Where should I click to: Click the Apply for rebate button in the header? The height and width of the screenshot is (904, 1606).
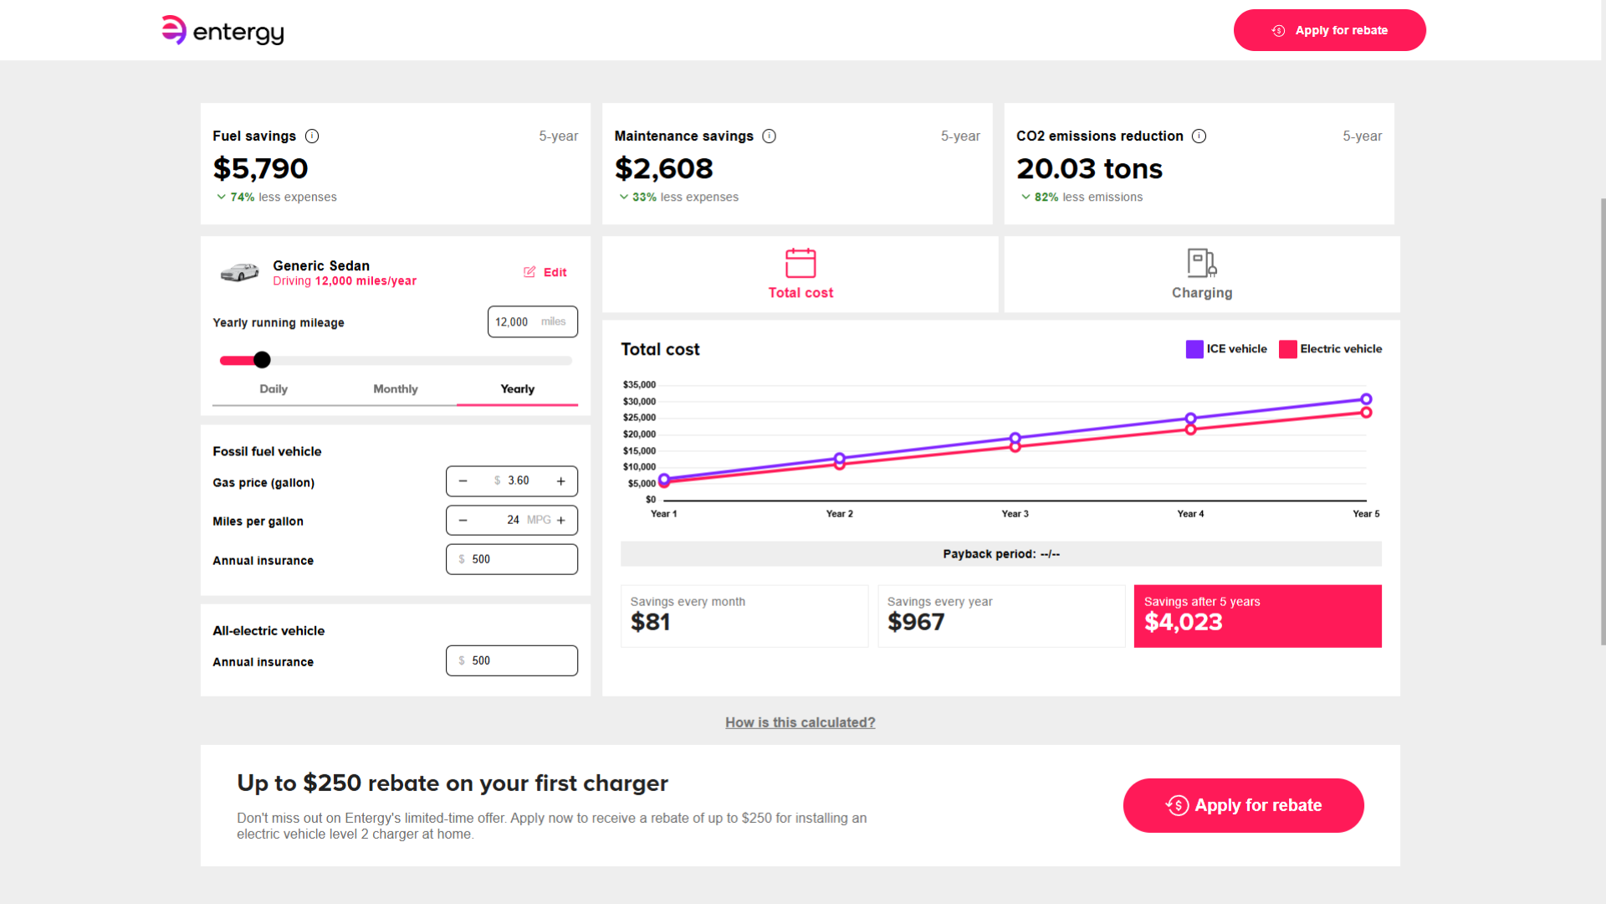[1329, 30]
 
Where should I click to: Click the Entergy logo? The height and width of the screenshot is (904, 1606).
[222, 31]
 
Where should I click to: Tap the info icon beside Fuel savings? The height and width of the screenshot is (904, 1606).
[312, 136]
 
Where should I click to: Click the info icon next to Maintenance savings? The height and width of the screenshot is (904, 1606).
[770, 136]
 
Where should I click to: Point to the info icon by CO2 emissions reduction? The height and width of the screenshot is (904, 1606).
[1199, 136]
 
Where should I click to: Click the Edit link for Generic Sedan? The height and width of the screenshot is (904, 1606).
[545, 272]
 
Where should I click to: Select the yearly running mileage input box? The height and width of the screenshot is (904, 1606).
[532, 321]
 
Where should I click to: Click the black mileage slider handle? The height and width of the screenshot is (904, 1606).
[262, 360]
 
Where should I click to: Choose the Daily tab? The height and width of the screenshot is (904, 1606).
[274, 388]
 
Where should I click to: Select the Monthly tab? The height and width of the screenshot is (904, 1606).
[396, 388]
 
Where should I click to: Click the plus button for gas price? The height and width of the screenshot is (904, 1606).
[561, 481]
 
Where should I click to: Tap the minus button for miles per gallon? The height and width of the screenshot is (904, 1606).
[463, 520]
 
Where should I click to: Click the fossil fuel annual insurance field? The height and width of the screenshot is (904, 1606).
[512, 559]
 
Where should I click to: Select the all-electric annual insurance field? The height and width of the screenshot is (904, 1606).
[512, 660]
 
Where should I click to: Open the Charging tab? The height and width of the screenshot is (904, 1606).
[1202, 275]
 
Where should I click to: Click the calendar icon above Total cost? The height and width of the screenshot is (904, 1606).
[800, 263]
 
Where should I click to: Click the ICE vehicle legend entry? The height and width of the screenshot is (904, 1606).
[1226, 349]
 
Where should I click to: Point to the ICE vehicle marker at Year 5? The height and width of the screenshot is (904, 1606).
[1366, 399]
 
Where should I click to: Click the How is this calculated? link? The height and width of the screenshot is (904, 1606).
[800, 722]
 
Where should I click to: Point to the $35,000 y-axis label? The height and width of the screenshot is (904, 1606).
[639, 385]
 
